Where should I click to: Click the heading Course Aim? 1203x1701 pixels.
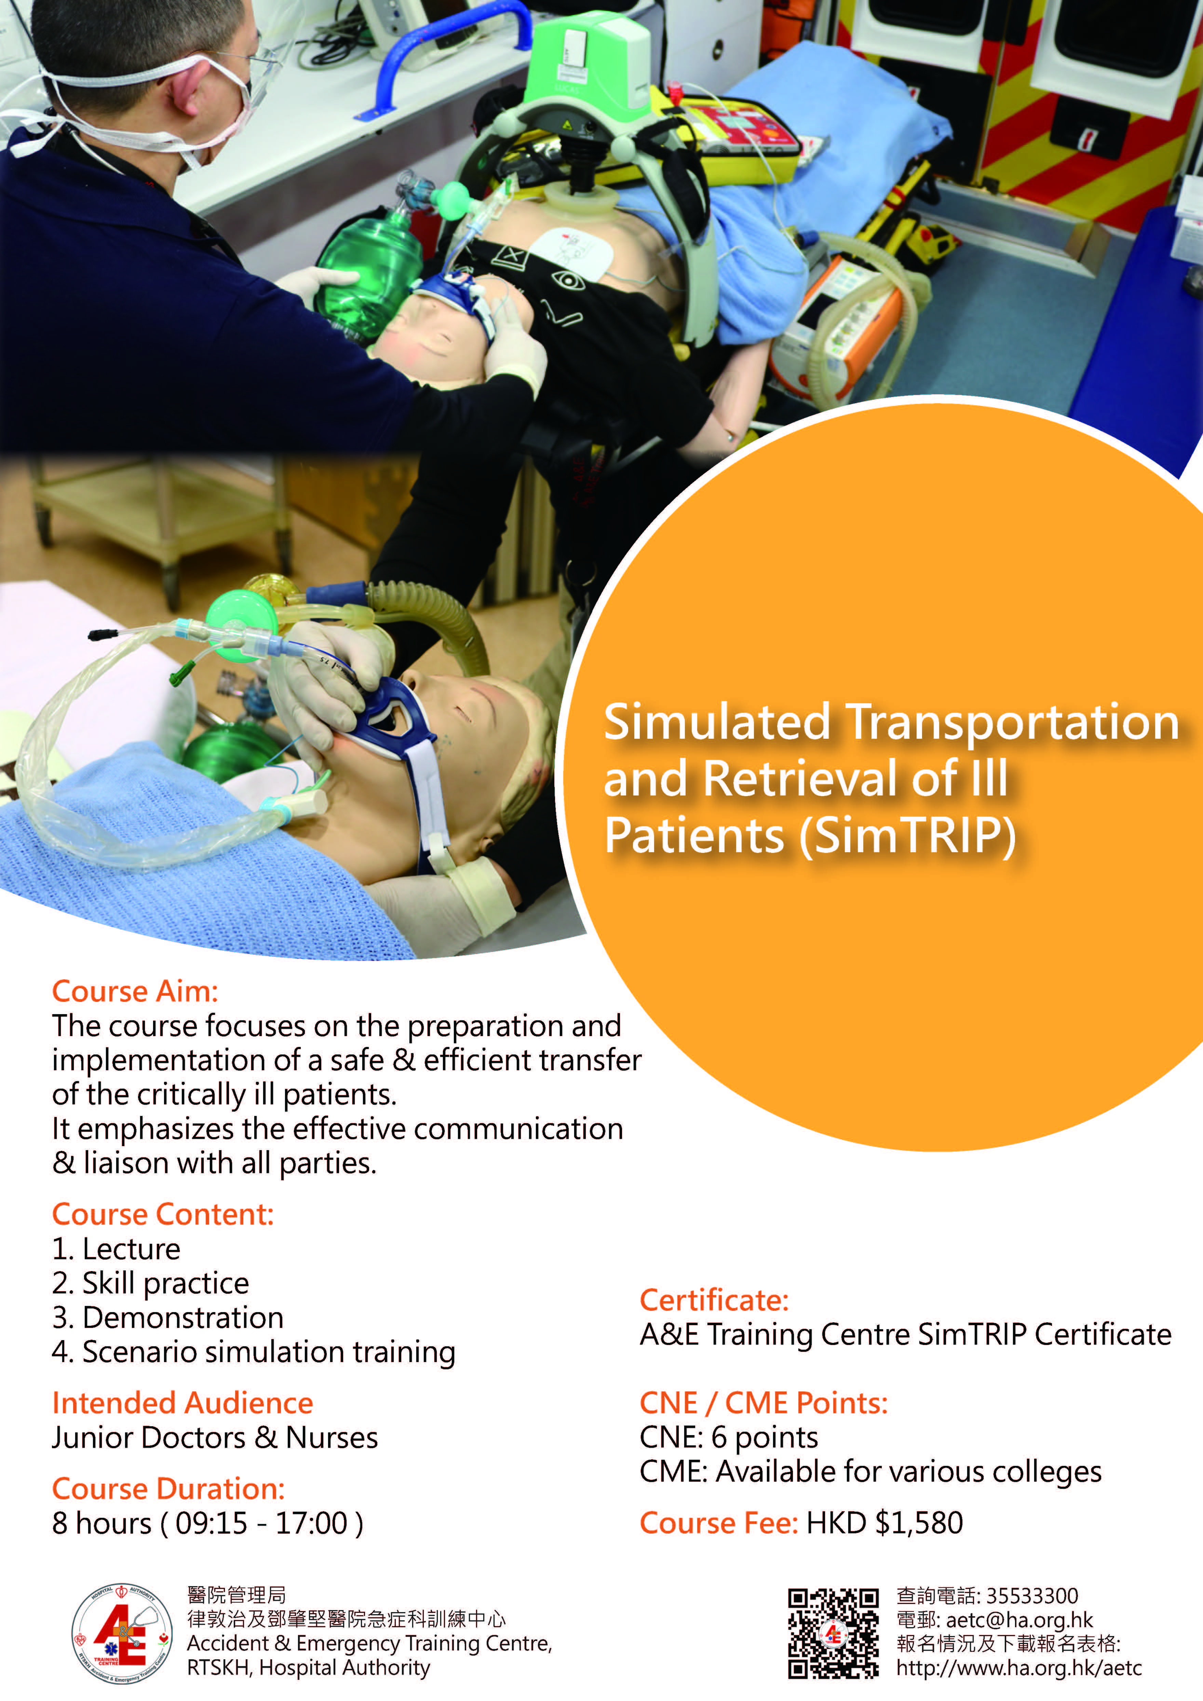(x=135, y=991)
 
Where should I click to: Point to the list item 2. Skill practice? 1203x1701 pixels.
(x=150, y=1283)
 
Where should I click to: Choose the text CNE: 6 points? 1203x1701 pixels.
(x=729, y=1437)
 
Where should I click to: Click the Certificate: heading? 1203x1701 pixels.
(x=714, y=1300)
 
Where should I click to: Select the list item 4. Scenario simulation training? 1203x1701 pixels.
(x=253, y=1352)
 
